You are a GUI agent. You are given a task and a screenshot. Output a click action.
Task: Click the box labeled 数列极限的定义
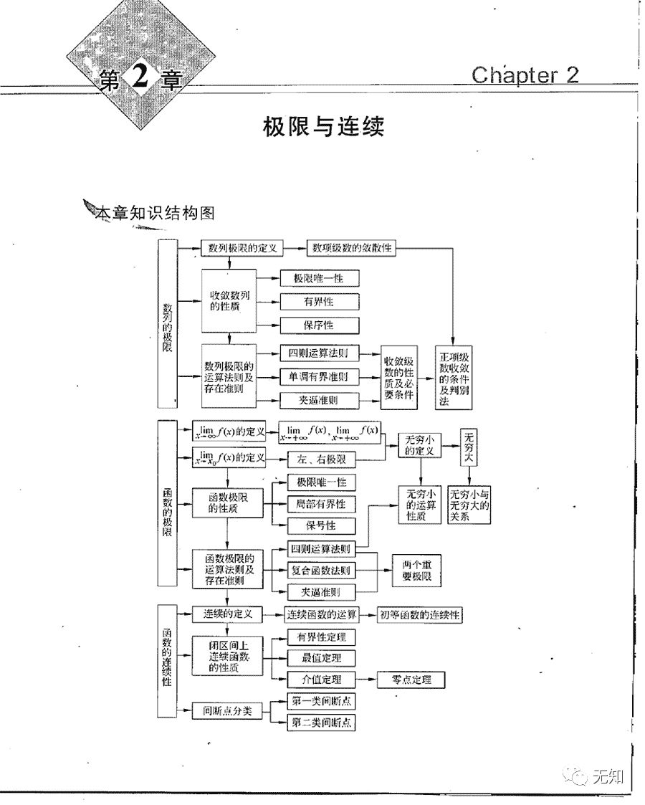242,249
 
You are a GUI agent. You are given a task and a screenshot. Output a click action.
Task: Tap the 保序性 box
318,325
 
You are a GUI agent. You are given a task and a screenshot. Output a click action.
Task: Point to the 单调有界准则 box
318,376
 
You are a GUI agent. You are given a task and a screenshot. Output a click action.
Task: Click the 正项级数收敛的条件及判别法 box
452,379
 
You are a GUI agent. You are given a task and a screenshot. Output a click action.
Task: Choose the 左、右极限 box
321,459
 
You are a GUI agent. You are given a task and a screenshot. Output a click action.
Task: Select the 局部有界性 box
320,504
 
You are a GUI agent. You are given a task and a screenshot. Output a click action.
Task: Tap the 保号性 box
320,525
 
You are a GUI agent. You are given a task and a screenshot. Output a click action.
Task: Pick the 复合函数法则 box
320,571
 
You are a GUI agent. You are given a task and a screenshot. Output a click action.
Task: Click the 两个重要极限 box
416,571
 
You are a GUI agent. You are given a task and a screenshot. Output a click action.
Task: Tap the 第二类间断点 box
321,723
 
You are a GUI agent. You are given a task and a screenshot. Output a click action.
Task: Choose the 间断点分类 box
226,711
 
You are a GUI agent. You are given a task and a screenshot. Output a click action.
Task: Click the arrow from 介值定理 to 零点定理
367,680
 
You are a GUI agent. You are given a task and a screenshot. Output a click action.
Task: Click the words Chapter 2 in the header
525,75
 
